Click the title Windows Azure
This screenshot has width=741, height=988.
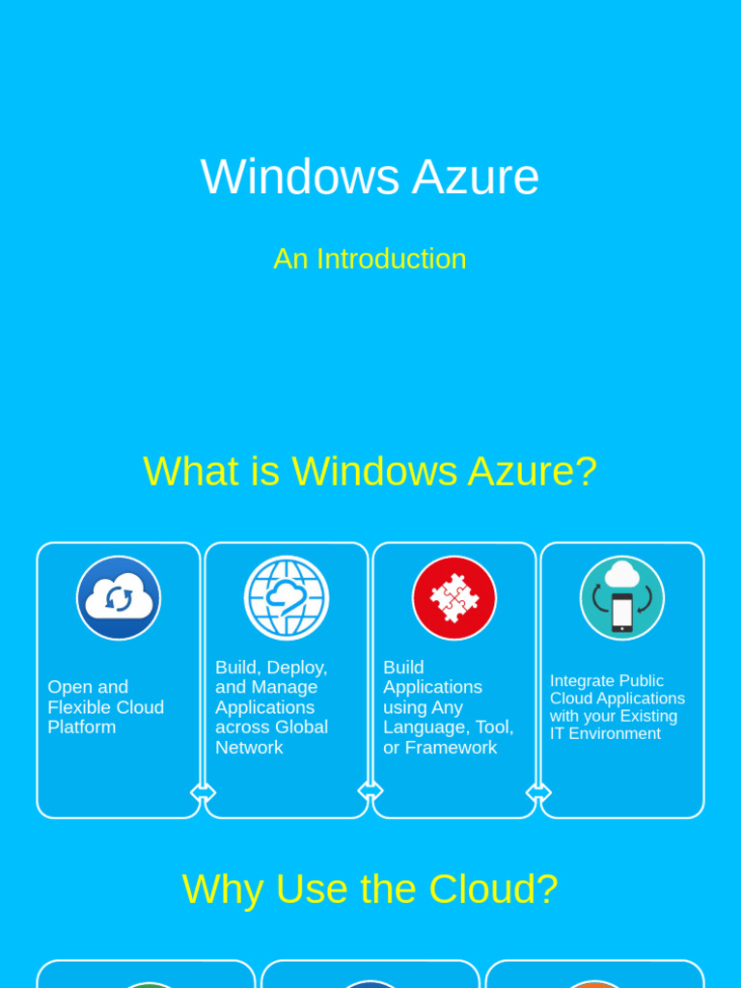tap(370, 177)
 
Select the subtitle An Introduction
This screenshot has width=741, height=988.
tap(370, 259)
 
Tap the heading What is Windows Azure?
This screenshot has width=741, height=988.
tap(370, 471)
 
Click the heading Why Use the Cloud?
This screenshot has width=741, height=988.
tap(370, 889)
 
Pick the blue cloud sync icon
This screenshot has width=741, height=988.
tap(119, 598)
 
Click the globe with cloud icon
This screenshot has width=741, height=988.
tap(287, 598)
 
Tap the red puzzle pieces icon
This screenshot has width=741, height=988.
tap(454, 598)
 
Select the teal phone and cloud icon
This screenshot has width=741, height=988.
tap(622, 598)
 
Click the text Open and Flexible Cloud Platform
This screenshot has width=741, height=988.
tap(105, 707)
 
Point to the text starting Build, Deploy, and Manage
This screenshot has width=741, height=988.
tap(271, 707)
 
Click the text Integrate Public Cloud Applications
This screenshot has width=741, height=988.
tap(617, 707)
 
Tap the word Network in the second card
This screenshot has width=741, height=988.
tap(249, 748)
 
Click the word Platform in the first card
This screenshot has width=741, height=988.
tap(81, 727)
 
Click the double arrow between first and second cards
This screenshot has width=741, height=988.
tap(203, 793)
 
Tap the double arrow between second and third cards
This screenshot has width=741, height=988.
tap(370, 791)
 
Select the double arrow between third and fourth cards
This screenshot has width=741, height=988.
tap(538, 793)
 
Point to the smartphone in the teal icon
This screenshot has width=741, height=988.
tap(622, 613)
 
